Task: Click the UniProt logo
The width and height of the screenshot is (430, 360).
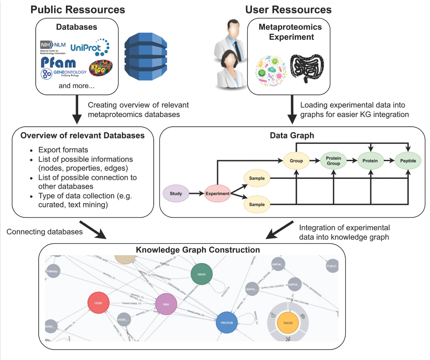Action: pyautogui.click(x=90, y=47)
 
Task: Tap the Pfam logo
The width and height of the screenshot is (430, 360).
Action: pyautogui.click(x=58, y=62)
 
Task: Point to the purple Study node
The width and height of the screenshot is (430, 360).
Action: pyautogui.click(x=176, y=194)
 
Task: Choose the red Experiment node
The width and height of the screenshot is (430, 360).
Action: pyautogui.click(x=218, y=194)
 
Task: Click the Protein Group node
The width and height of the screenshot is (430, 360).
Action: pyautogui.click(x=333, y=161)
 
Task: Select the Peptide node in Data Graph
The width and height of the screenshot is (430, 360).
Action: pyautogui.click(x=408, y=161)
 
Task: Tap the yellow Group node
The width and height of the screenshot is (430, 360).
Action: pyautogui.click(x=296, y=161)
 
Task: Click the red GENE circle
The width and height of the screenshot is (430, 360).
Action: pyautogui.click(x=98, y=303)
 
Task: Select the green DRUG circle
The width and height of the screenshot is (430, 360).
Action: pyautogui.click(x=202, y=274)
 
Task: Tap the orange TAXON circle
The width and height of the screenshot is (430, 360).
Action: pyautogui.click(x=288, y=323)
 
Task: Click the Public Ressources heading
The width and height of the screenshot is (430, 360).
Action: pyautogui.click(x=77, y=9)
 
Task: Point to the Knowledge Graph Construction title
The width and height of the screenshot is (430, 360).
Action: pyautogui.click(x=198, y=250)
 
